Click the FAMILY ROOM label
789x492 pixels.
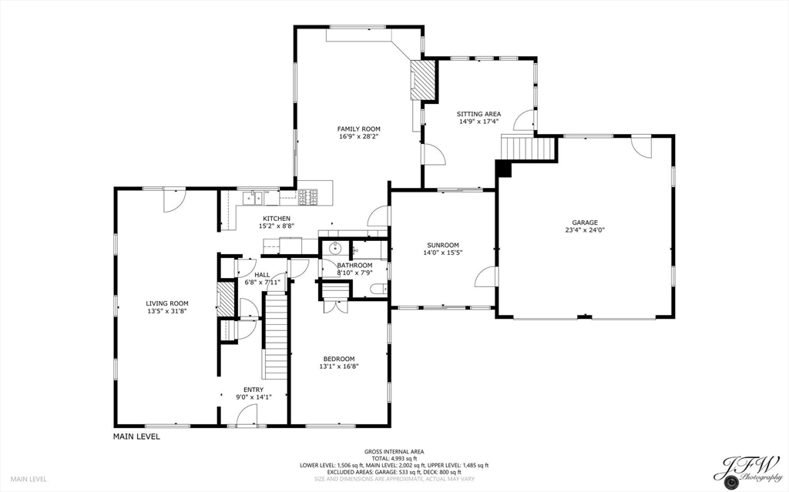click(359, 129)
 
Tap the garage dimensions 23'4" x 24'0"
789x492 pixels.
click(585, 230)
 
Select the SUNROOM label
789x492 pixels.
click(442, 245)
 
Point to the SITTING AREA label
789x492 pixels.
click(478, 114)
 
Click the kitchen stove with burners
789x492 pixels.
click(307, 196)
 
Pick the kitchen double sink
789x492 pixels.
click(253, 198)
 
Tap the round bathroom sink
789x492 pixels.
click(335, 247)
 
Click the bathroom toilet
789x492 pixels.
click(377, 289)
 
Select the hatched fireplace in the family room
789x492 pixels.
click(422, 80)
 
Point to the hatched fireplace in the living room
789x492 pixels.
click(226, 300)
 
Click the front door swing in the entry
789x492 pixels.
click(247, 416)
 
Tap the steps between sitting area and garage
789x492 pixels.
click(529, 148)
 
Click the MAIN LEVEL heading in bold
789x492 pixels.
click(136, 437)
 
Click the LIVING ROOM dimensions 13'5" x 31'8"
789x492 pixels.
click(167, 311)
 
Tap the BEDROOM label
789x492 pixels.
click(339, 359)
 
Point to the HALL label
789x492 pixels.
click(262, 275)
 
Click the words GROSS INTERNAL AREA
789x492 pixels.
click(394, 452)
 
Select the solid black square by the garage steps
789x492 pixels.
click(504, 169)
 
